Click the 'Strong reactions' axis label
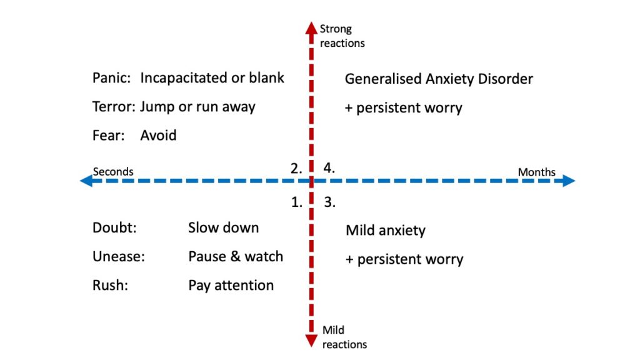pyautogui.click(x=342, y=36)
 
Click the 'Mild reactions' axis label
pyautogui.click(x=344, y=337)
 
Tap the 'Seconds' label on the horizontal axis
pyautogui.click(x=113, y=172)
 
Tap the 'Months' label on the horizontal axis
pyautogui.click(x=536, y=172)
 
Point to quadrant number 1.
pyautogui.click(x=297, y=202)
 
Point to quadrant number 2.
pyautogui.click(x=296, y=168)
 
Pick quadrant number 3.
pyautogui.click(x=329, y=202)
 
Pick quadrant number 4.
pyautogui.click(x=329, y=168)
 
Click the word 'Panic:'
pyautogui.click(x=112, y=78)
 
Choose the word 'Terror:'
pyautogui.click(x=114, y=107)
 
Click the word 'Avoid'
pyautogui.click(x=158, y=136)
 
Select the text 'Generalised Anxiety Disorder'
pyautogui.click(x=439, y=79)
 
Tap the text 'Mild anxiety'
pyautogui.click(x=386, y=231)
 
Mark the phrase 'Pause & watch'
pyautogui.click(x=236, y=257)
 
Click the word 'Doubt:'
pyautogui.click(x=114, y=228)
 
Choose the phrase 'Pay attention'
pyautogui.click(x=231, y=286)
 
